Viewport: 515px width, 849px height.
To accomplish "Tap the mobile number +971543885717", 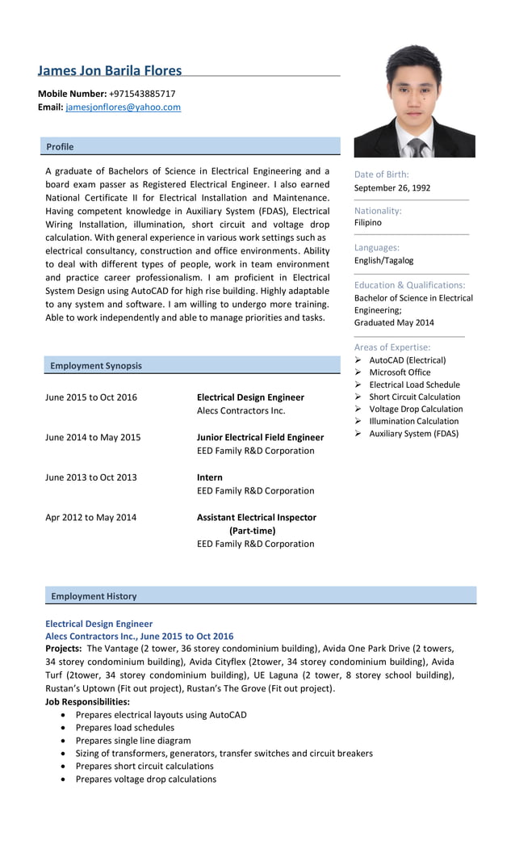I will [142, 94].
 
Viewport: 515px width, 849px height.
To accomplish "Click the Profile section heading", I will [60, 146].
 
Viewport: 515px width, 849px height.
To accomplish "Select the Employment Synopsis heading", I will [95, 366].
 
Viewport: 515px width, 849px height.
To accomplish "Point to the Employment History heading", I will [94, 596].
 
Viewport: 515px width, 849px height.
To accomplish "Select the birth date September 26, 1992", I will [392, 187].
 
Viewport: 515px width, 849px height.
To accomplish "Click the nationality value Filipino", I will [368, 222].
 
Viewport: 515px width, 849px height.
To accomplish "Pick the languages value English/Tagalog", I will [383, 260].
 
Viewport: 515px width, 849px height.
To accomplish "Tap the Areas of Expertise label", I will [392, 347].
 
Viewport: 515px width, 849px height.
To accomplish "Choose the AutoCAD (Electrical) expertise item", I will [407, 360].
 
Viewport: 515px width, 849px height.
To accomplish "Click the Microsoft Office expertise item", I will [400, 372].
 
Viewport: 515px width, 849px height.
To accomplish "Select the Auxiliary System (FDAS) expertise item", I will [413, 434].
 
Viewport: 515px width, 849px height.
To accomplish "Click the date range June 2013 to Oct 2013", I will [91, 477].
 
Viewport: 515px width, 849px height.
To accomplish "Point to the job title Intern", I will [210, 477].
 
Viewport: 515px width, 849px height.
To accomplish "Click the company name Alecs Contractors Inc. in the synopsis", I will [241, 410].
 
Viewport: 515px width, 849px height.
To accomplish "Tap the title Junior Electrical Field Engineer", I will [260, 437].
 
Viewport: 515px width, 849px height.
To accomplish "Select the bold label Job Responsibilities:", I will [87, 701].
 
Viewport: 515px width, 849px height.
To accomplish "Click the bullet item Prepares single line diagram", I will [133, 740].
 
